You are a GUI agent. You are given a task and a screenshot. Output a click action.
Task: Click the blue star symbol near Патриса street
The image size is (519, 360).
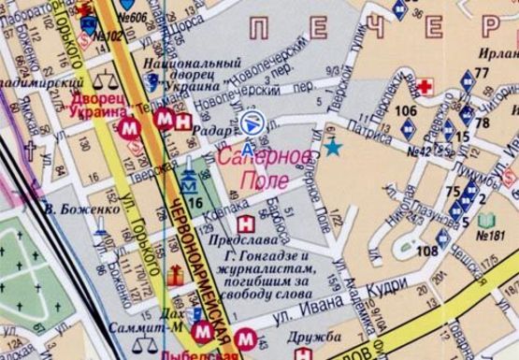click(332, 147)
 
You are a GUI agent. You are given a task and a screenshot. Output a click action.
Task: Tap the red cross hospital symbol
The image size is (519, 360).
click(425, 87)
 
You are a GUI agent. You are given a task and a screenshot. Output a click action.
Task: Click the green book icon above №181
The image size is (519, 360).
click(485, 221)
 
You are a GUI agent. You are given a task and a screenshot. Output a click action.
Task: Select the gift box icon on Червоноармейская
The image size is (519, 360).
click(176, 274)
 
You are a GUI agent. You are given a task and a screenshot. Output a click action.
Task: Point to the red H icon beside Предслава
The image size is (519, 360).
click(245, 223)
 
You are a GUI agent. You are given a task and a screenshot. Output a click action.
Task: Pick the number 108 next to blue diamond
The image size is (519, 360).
click(426, 251)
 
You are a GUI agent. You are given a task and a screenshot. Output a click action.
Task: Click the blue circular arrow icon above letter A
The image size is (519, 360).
click(249, 122)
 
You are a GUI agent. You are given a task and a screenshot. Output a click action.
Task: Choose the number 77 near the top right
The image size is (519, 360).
click(482, 73)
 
